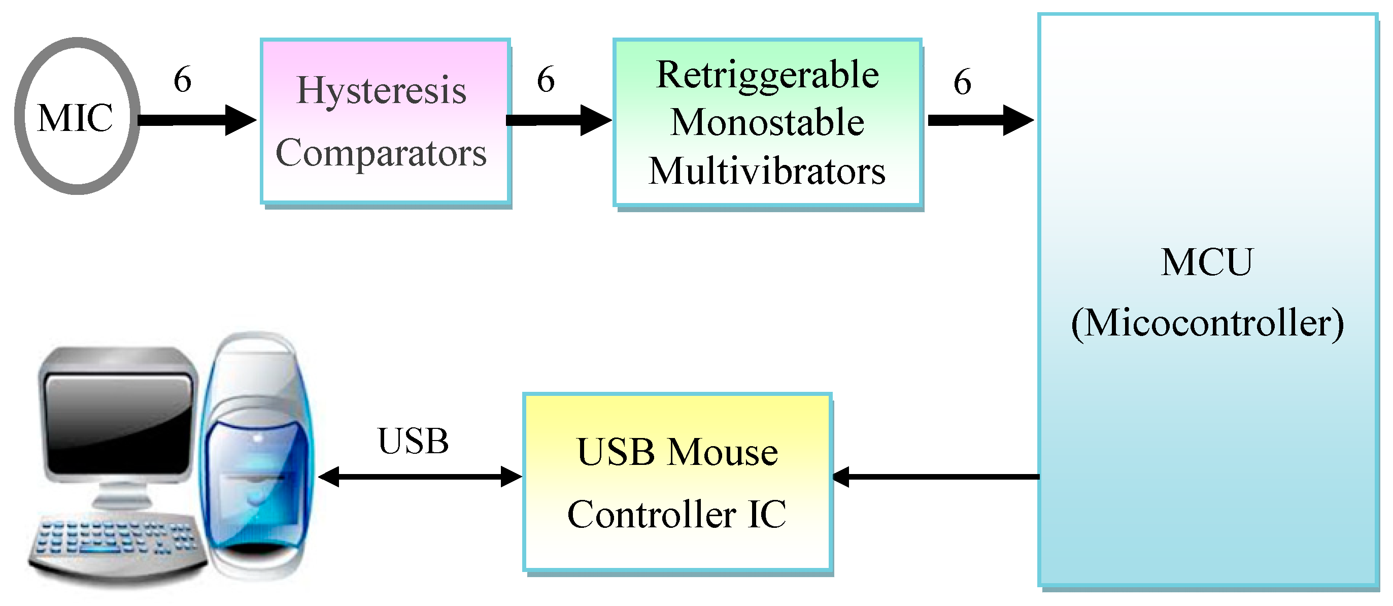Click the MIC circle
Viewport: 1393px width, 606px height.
tap(77, 116)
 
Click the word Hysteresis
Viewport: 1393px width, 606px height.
tap(381, 90)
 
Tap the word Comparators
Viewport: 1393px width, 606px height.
tap(381, 154)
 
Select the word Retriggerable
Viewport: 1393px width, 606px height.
tap(767, 76)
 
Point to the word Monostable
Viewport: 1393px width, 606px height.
tap(767, 122)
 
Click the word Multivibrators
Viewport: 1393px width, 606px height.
tap(767, 172)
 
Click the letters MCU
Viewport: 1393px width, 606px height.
tap(1207, 262)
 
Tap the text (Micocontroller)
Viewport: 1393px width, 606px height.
tap(1207, 324)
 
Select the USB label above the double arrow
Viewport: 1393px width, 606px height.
tap(413, 441)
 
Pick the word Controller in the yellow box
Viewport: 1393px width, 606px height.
tap(652, 514)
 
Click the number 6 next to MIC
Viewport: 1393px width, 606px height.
tap(182, 80)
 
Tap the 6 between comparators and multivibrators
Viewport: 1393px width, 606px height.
tap(546, 80)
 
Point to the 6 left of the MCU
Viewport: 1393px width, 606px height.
tap(962, 82)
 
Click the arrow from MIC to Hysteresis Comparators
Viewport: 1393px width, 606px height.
tap(195, 120)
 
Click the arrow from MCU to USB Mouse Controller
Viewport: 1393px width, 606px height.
tap(935, 477)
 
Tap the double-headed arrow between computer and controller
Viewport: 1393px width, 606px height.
tap(420, 477)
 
